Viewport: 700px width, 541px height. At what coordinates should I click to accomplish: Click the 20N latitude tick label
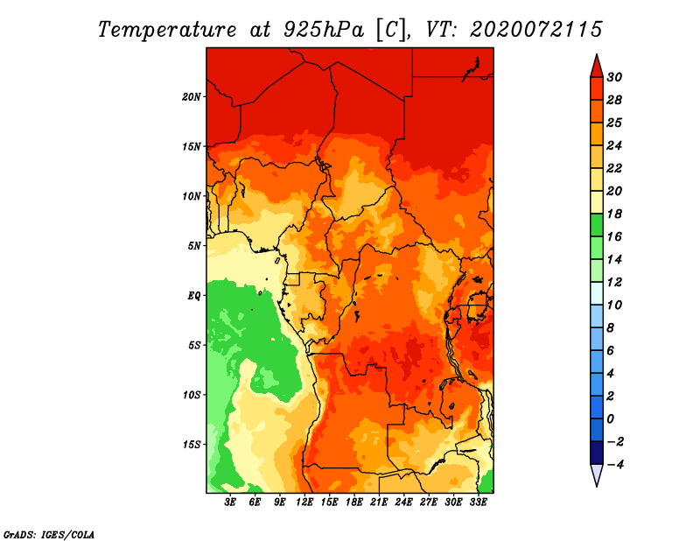click(x=192, y=96)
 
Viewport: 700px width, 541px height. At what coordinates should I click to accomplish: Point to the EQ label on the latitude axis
click(x=193, y=296)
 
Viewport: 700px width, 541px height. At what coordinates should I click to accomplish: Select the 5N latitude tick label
click(x=194, y=246)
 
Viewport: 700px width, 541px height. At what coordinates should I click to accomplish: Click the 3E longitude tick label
click(x=230, y=502)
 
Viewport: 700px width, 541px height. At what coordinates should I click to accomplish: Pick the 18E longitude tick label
click(x=354, y=502)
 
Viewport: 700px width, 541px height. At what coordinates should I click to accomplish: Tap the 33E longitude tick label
click(x=478, y=502)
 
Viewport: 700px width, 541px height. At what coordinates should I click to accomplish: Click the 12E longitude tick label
click(x=304, y=502)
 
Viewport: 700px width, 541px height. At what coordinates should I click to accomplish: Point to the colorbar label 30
click(x=614, y=77)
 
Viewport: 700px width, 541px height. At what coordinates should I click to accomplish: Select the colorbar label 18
click(x=614, y=214)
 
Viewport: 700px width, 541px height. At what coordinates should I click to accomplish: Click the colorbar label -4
click(x=616, y=465)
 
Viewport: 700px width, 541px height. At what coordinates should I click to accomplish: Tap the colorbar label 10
click(x=614, y=306)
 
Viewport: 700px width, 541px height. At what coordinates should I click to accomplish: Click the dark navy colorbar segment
click(x=597, y=453)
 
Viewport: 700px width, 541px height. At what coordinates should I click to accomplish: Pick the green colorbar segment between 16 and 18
click(x=597, y=225)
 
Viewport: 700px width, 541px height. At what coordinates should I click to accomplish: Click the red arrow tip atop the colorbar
click(x=597, y=55)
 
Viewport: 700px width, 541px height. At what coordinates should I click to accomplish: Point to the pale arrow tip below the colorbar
click(x=597, y=486)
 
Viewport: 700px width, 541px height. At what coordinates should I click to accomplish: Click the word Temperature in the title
click(x=167, y=30)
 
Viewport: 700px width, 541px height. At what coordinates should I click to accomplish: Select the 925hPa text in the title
click(x=324, y=31)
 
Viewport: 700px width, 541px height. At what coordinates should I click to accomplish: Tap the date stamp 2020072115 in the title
click(x=536, y=30)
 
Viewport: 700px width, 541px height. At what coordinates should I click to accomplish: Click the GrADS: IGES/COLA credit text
click(x=49, y=535)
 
